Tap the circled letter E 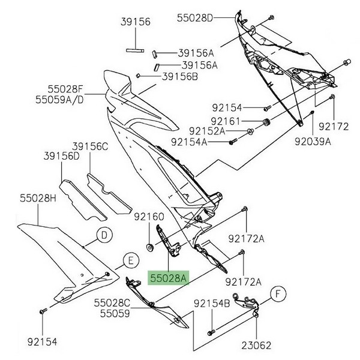[128, 260]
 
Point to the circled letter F [277, 293]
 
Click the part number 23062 [257, 346]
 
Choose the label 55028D [195, 19]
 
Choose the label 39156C [91, 146]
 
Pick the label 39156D [61, 156]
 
